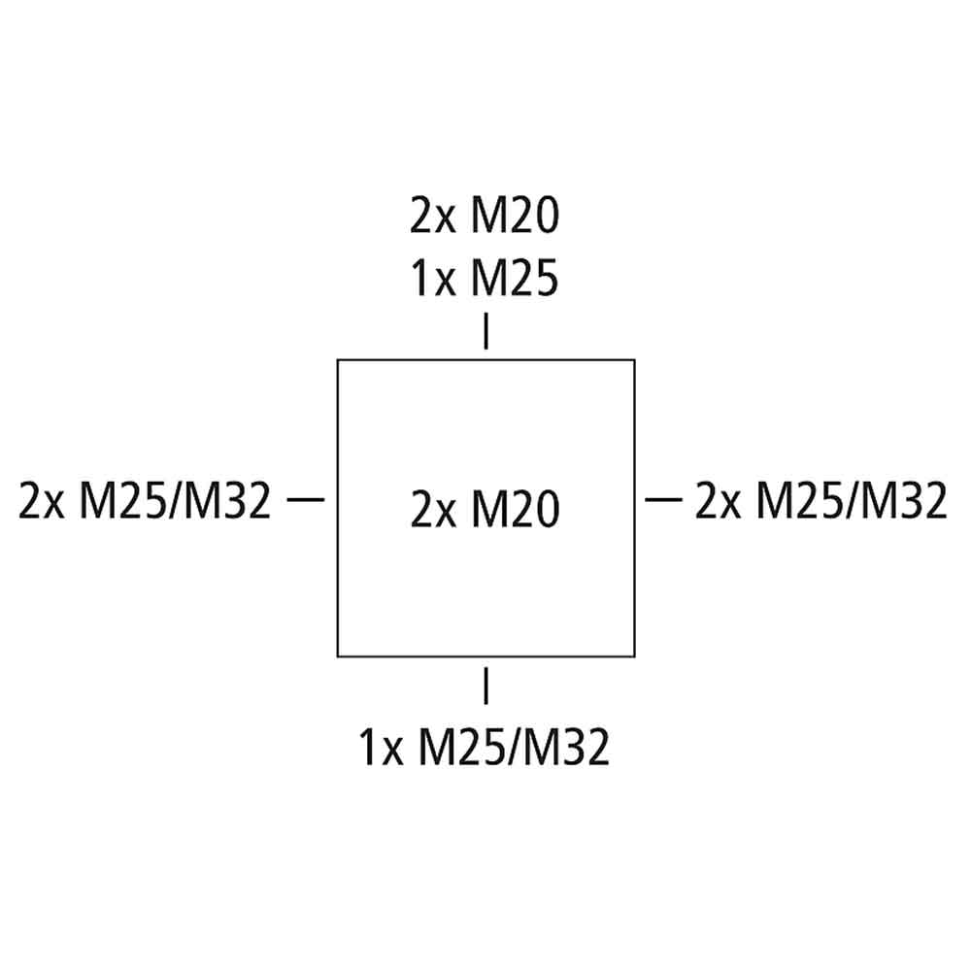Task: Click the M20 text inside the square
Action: (516, 509)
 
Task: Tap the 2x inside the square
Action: (432, 509)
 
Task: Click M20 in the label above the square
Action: (516, 215)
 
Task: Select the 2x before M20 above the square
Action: (432, 216)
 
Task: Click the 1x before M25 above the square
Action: (433, 279)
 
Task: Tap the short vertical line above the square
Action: (486, 331)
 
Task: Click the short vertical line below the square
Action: (486, 686)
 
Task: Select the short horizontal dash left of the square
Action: (306, 499)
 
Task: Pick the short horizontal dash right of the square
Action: (664, 499)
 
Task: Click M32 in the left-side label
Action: (227, 500)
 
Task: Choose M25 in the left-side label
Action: (123, 500)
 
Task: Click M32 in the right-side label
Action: (903, 500)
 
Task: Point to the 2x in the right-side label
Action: (718, 500)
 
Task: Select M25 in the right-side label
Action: (799, 500)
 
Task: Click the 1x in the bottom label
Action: (381, 748)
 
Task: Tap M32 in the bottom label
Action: (567, 747)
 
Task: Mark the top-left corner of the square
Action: (338, 360)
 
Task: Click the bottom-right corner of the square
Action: (635, 656)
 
